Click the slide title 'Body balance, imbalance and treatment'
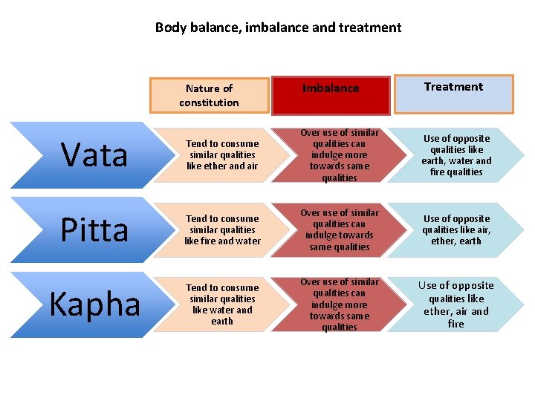[x=278, y=27]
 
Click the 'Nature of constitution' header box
[x=209, y=95]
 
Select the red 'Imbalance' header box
[x=331, y=88]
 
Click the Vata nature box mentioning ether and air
[x=222, y=154]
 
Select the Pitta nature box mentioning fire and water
[x=222, y=229]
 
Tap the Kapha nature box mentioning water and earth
[x=222, y=304]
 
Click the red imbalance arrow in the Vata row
[x=340, y=155]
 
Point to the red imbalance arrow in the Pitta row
[x=340, y=229]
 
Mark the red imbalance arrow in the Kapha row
[x=340, y=304]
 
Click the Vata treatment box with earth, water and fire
[x=456, y=154]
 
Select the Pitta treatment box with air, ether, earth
[x=456, y=229]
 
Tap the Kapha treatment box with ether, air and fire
[x=455, y=304]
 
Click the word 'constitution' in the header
[x=209, y=102]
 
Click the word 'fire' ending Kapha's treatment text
[x=455, y=324]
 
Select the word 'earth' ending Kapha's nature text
[x=222, y=321]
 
